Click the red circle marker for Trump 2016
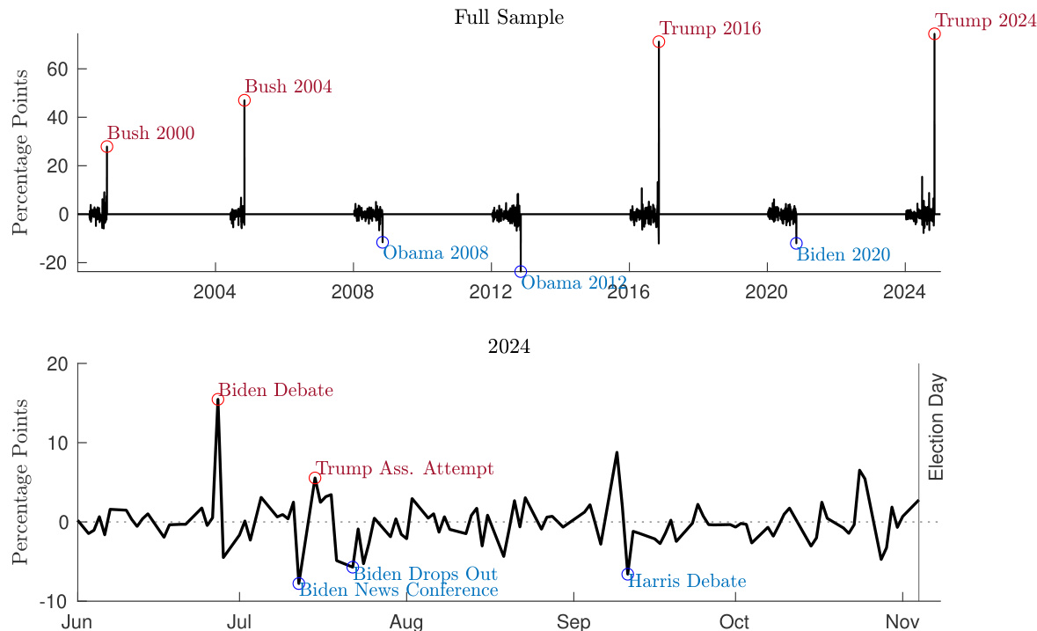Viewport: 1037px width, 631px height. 659,41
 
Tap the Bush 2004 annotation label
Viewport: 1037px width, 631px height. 288,87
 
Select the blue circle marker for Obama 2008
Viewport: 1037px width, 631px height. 383,242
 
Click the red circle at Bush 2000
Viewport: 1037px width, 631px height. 106,147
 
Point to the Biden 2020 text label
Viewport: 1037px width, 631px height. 843,254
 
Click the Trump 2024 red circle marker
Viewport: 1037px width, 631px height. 934,33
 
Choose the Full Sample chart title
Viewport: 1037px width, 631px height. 509,17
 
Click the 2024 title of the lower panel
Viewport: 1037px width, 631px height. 509,347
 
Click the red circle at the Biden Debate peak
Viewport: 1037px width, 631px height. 218,400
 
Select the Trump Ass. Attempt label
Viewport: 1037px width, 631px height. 405,468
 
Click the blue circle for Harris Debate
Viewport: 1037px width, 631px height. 627,574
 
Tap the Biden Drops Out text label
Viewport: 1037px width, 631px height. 425,575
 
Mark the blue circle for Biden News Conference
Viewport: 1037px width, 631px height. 299,583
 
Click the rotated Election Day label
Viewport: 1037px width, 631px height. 936,427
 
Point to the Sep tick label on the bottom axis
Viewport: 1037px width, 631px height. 573,622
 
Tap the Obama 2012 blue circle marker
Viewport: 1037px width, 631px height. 521,272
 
